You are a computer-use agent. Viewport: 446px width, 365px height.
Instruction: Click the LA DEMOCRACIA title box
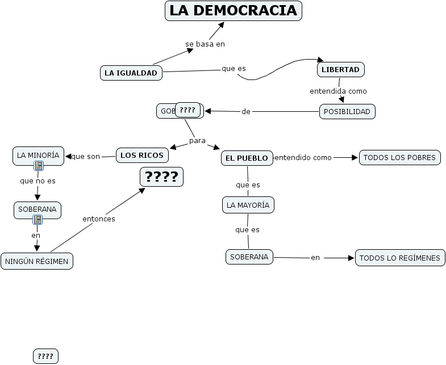click(234, 11)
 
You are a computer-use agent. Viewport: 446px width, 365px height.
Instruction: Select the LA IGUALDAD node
click(131, 73)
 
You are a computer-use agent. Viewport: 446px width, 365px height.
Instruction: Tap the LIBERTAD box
click(340, 69)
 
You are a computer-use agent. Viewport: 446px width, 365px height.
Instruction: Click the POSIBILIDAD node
click(347, 111)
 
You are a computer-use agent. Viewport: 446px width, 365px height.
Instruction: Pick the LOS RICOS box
click(142, 155)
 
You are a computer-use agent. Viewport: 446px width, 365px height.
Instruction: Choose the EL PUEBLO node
click(247, 158)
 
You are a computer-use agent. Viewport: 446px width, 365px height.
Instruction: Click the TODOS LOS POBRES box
click(399, 157)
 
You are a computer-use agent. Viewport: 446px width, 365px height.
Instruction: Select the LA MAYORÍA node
click(248, 205)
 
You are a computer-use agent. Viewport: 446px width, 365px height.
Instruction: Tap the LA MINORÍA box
click(37, 155)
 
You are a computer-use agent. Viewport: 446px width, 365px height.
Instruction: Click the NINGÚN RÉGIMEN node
click(37, 261)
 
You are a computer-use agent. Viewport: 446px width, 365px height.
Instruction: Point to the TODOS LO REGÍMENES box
click(399, 258)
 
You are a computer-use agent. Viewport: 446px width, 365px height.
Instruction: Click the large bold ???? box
click(162, 177)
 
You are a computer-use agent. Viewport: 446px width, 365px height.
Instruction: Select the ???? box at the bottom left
click(45, 356)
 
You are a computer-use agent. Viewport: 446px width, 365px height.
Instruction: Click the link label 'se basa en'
click(201, 44)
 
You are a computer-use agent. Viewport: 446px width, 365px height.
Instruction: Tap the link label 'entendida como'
click(338, 91)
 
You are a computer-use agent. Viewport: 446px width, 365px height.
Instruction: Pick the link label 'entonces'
click(99, 219)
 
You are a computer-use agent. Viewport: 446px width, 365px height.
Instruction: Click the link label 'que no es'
click(37, 181)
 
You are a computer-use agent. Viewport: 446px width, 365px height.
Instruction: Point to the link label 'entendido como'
click(303, 157)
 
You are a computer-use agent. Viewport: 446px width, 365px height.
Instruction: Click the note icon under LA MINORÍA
click(38, 166)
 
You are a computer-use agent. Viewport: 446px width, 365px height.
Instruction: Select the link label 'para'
click(197, 140)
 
